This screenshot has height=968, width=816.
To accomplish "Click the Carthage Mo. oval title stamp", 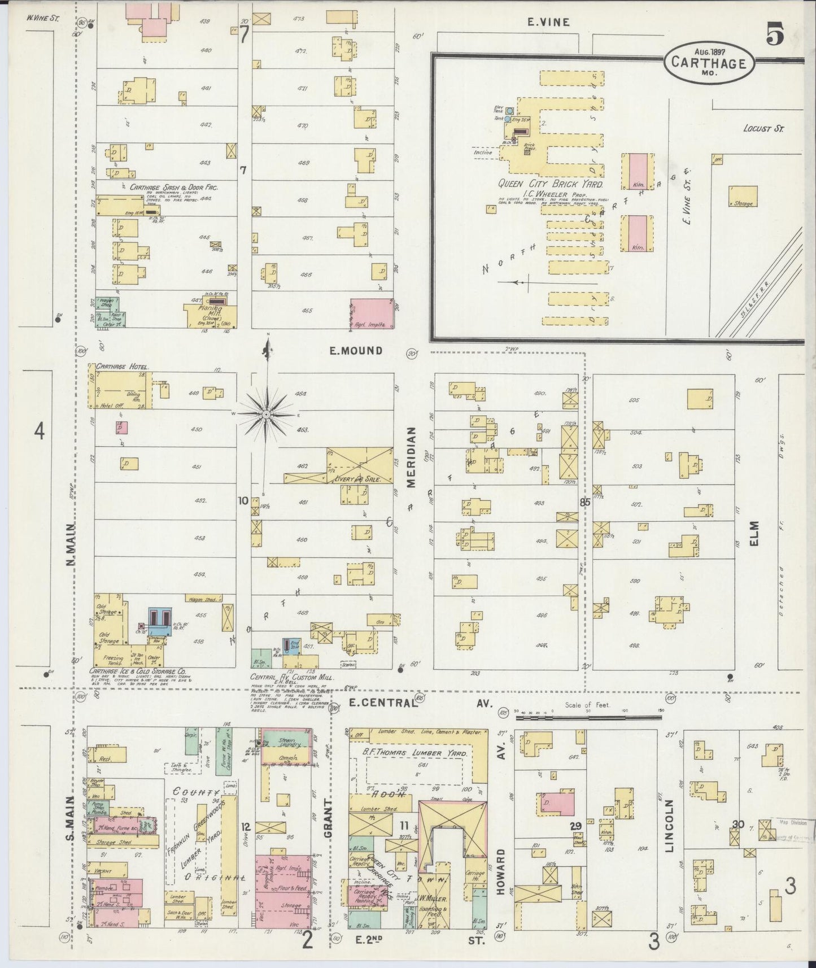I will click(x=708, y=63).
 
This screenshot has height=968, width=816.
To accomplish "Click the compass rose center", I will click(x=266, y=415).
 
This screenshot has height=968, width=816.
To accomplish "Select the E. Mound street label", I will click(x=356, y=351).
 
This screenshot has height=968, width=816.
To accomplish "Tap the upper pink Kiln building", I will click(x=638, y=171).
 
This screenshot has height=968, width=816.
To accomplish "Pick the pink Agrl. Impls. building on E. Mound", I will click(x=371, y=313).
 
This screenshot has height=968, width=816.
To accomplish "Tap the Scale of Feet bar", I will click(x=588, y=718).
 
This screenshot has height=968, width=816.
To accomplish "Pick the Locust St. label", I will click(x=763, y=129).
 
